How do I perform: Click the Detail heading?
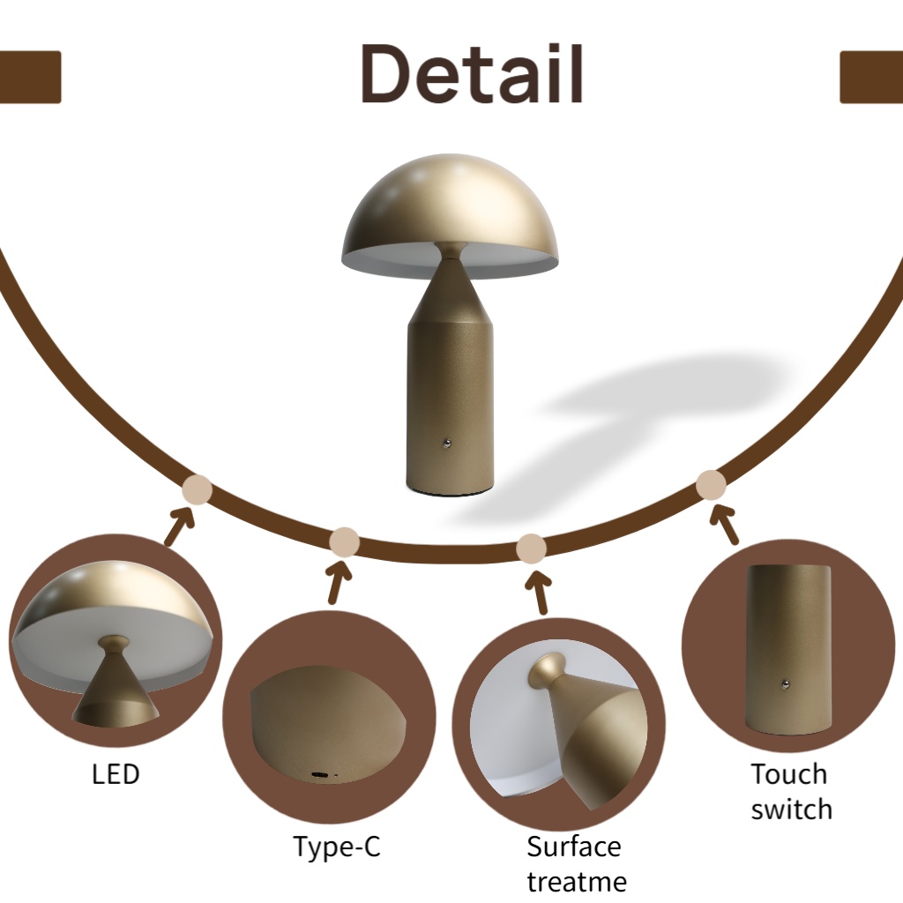pyautogui.click(x=472, y=74)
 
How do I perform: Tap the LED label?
pyautogui.click(x=116, y=774)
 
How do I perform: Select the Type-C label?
pyautogui.click(x=337, y=847)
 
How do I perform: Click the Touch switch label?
pyautogui.click(x=790, y=791)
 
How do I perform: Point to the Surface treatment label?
pyautogui.click(x=576, y=863)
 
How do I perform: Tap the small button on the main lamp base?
pyautogui.click(x=448, y=443)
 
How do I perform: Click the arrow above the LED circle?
pyautogui.click(x=179, y=527)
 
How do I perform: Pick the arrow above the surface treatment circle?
pyautogui.click(x=538, y=592)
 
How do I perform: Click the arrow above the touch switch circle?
pyautogui.click(x=726, y=524)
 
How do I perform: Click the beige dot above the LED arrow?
pyautogui.click(x=197, y=489)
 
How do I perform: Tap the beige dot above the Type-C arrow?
pyautogui.click(x=344, y=541)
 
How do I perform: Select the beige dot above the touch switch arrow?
pyautogui.click(x=711, y=485)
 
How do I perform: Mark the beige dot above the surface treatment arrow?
pyautogui.click(x=531, y=549)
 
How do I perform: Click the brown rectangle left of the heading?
pyautogui.click(x=29, y=77)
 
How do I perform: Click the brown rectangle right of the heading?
pyautogui.click(x=871, y=77)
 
